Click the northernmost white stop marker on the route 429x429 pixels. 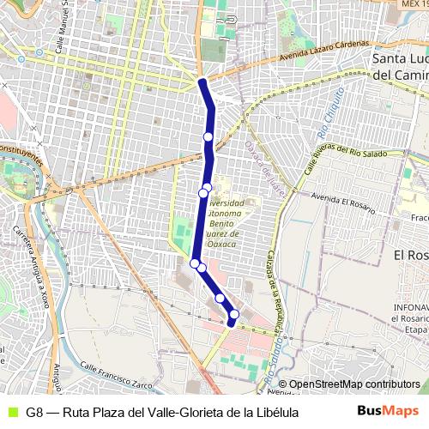(x=208, y=136)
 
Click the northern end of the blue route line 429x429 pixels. (x=202, y=82)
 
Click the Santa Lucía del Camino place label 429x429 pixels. (x=401, y=66)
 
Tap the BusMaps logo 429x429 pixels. (x=388, y=411)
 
